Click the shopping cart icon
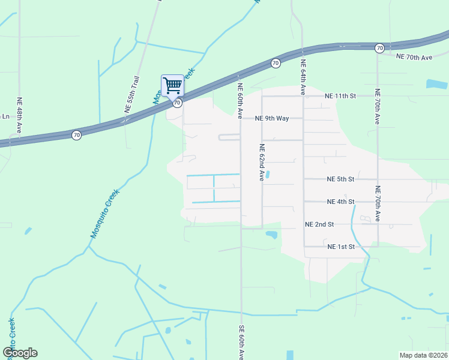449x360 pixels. coord(172,85)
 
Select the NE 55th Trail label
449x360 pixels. coord(132,95)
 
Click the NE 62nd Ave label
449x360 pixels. coord(262,163)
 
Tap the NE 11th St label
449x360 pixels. coord(340,96)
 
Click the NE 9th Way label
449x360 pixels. coord(272,118)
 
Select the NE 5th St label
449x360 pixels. coord(340,179)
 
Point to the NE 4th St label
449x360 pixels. coord(340,202)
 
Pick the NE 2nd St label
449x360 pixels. coord(319,224)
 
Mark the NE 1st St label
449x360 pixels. coord(340,247)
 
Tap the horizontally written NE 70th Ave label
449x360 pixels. coord(414,58)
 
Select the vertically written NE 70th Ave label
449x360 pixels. coord(378,106)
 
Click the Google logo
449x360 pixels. coord(20,353)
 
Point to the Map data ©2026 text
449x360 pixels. coord(423,355)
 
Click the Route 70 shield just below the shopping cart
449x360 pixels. coord(177,103)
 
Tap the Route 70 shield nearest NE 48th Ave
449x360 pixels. coord(76,135)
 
